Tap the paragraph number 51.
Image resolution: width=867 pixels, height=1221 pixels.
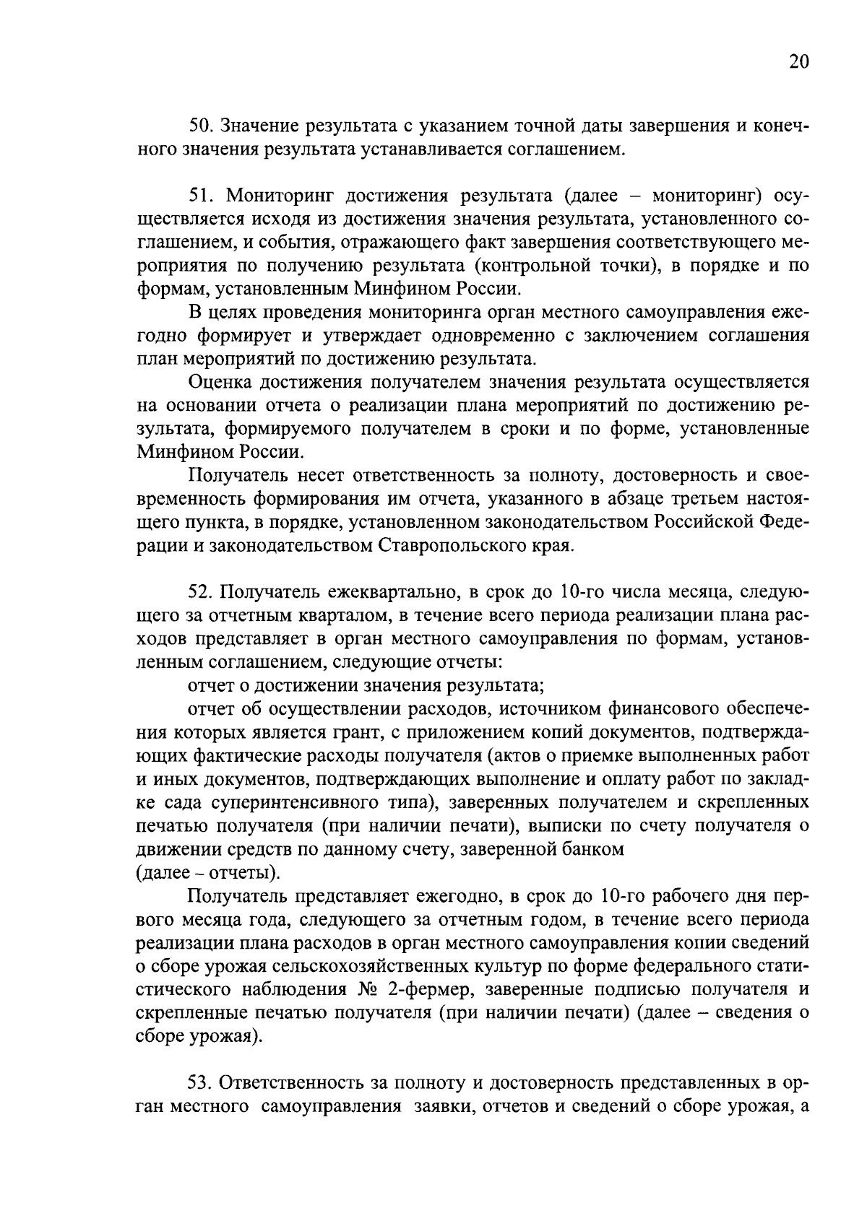199,196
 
